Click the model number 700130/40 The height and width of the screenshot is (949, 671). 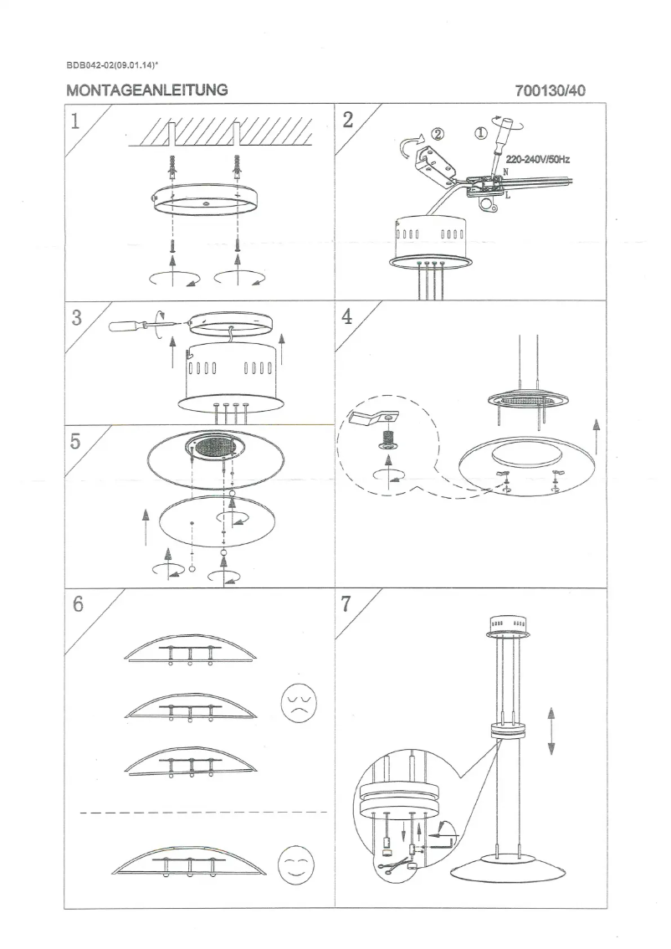point(551,90)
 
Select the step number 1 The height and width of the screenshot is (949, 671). point(76,121)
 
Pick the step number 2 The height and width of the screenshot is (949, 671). point(348,120)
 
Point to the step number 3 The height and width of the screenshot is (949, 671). point(76,319)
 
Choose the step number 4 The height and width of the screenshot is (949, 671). point(348,319)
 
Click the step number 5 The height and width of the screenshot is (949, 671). point(76,443)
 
